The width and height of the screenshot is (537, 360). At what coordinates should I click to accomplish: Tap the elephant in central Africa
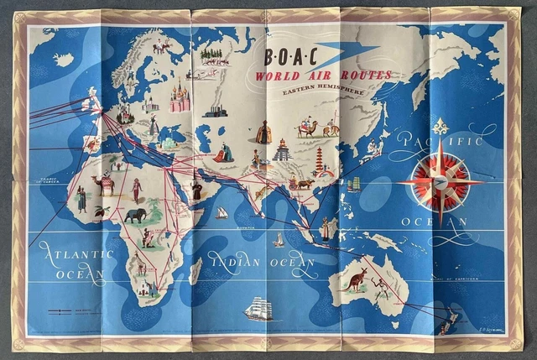click(134, 217)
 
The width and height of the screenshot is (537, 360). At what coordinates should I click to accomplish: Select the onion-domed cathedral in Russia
click(180, 96)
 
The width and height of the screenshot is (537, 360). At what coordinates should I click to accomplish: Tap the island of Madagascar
click(195, 270)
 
